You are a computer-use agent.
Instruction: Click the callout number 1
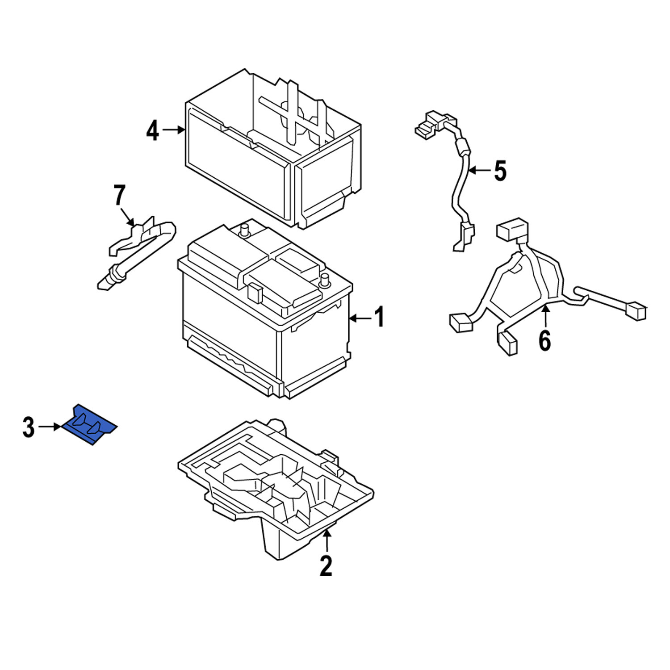pos(379,318)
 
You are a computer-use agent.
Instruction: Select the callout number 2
pos(326,566)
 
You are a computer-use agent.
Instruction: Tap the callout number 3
pos(29,427)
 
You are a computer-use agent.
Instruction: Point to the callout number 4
pos(153,130)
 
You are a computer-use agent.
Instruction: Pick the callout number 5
pos(500,171)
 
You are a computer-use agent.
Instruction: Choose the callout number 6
pos(545,341)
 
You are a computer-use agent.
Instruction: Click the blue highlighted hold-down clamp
pos(89,425)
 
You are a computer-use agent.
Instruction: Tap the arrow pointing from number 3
pos(50,427)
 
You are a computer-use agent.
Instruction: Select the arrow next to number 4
pos(174,130)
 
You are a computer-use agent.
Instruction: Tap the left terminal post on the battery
pos(244,229)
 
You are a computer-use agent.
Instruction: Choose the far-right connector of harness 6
pos(636,311)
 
